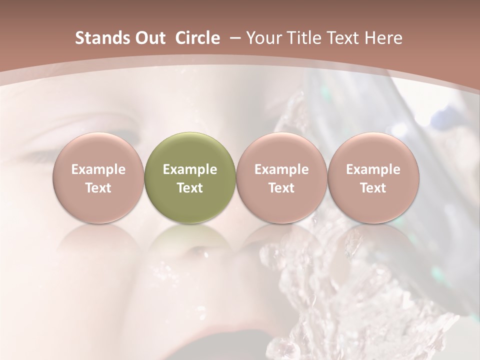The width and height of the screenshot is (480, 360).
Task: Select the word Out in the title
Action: [149, 38]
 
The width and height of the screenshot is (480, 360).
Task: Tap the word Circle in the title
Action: [197, 38]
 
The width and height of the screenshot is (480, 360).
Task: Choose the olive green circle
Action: [190, 177]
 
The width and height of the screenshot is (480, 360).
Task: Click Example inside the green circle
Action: [190, 169]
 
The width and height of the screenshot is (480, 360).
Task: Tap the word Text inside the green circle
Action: [190, 188]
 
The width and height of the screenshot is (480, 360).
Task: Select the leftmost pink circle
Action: [98, 177]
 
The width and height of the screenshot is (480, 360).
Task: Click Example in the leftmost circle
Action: [98, 169]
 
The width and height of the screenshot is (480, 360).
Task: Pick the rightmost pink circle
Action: [373, 177]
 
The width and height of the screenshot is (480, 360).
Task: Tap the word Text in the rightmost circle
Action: [373, 188]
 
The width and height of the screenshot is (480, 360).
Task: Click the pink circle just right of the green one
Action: [281, 177]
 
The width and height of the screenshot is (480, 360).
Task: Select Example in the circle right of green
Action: [281, 169]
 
